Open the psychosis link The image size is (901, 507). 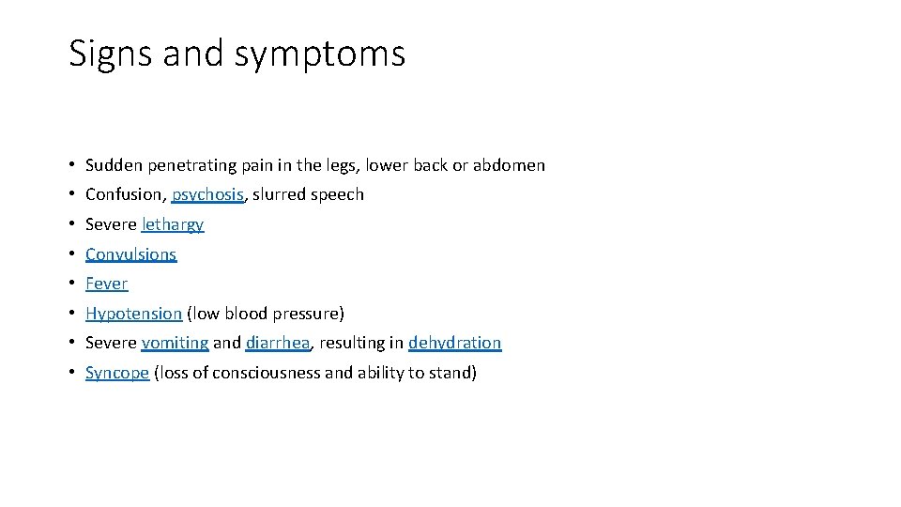click(207, 195)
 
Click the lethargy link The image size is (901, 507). click(173, 225)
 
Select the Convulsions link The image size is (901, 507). click(130, 254)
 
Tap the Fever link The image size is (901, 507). click(106, 284)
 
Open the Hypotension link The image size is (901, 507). click(133, 314)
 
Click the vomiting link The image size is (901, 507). click(175, 344)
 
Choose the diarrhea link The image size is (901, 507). click(277, 344)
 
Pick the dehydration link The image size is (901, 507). click(454, 344)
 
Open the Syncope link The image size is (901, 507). click(117, 374)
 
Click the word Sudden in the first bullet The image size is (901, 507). click(112, 165)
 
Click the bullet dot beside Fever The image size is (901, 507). click(72, 284)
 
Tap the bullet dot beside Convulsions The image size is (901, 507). click(72, 254)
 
